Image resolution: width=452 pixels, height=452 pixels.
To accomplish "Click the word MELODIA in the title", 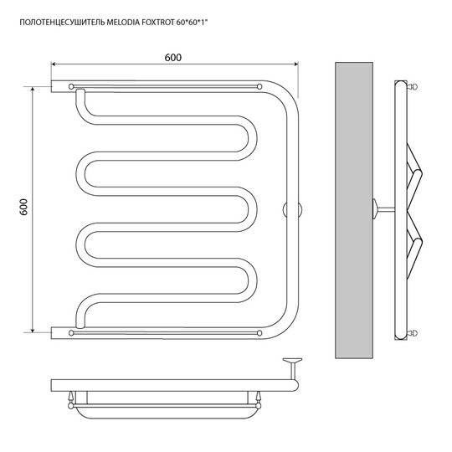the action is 123,23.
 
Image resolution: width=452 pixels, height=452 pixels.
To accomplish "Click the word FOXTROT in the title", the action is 158,23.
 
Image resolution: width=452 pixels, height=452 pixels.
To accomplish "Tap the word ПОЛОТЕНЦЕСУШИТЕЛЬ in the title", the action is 62,23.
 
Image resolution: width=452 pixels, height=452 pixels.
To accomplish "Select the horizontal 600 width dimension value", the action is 173,58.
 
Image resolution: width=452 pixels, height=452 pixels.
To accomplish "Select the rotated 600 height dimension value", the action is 23,207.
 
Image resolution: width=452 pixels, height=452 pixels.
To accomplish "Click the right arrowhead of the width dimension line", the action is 295,64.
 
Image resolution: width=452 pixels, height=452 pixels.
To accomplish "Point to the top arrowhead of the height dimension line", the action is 33,89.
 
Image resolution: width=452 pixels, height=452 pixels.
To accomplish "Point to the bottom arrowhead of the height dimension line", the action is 33,330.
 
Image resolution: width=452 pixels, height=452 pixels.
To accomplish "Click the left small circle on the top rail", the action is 71,86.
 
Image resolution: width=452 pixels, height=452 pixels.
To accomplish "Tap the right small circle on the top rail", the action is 259,86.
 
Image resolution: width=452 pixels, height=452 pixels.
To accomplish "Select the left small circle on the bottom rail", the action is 71,333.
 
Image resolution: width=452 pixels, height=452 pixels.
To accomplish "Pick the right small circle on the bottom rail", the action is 259,333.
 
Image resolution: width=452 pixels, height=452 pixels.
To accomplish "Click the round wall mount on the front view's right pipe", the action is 292,209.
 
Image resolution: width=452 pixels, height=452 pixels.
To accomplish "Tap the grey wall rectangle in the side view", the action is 354,210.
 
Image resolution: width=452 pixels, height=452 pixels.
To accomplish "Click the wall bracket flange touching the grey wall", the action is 375,208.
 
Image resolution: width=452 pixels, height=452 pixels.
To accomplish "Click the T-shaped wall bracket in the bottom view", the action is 292,369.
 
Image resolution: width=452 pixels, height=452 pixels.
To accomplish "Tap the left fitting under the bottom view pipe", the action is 70,400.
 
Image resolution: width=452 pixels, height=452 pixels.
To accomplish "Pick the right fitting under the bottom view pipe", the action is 259,400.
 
